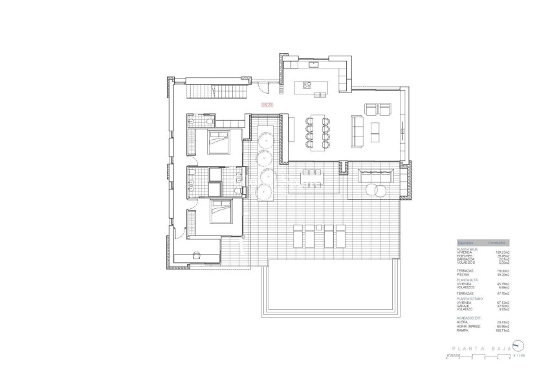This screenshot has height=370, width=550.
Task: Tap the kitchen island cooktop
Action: (x=305, y=85)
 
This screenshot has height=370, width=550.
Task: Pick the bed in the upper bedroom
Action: (x=217, y=140)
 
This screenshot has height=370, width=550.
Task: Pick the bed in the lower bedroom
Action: (x=220, y=212)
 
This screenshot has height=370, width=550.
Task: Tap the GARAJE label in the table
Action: (x=463, y=306)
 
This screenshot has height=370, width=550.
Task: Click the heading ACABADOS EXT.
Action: (x=468, y=318)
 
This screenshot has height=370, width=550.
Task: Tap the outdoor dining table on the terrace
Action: (x=311, y=173)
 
